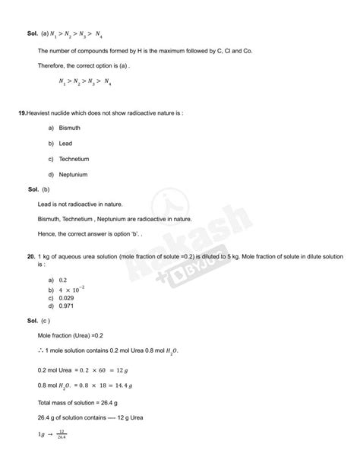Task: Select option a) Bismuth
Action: (x=69, y=128)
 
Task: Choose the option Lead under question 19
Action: (x=66, y=143)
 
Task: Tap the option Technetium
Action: (x=74, y=159)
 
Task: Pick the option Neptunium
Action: (x=73, y=174)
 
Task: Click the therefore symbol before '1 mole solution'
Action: (x=41, y=350)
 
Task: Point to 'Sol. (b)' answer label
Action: (x=39, y=189)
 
